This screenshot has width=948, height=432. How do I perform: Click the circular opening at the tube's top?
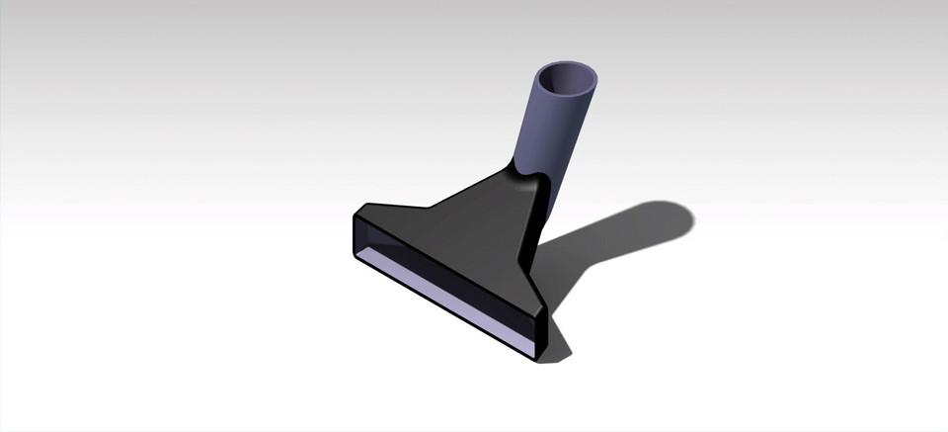coord(567,78)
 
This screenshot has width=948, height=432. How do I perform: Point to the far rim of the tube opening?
coord(569,64)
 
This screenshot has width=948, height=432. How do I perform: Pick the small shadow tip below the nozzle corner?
coord(559,352)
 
